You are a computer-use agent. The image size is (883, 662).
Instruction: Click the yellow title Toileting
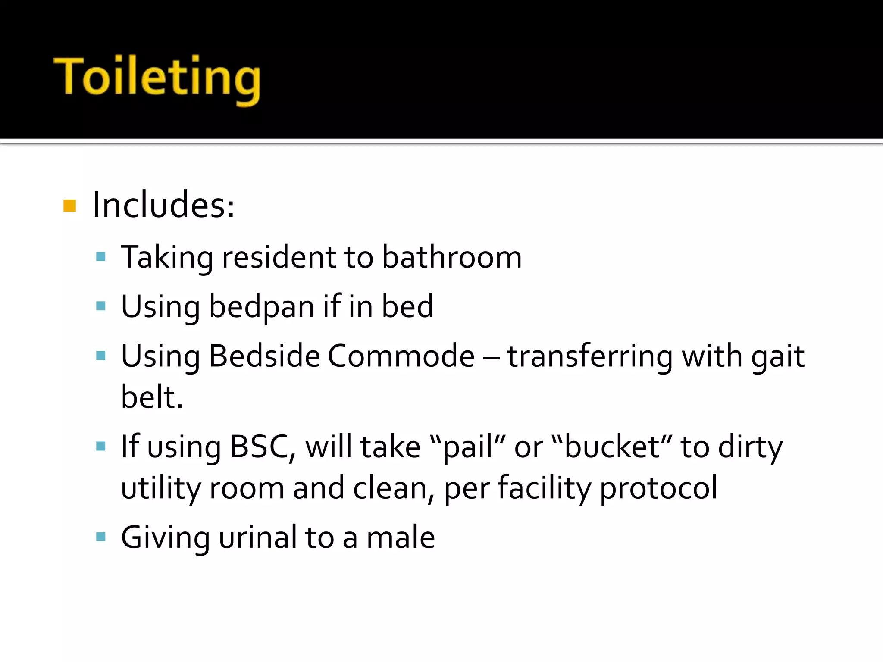[157, 78]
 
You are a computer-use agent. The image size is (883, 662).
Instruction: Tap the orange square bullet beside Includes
[69, 206]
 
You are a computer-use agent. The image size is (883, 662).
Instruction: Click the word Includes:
[163, 205]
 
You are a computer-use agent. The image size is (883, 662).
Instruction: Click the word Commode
[401, 356]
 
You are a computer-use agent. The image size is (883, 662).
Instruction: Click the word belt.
[152, 397]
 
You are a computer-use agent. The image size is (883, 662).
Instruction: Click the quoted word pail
[468, 447]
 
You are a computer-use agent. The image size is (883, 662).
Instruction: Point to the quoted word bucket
[612, 447]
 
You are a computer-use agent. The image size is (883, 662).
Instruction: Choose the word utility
[160, 488]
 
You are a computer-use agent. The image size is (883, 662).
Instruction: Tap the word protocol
[658, 488]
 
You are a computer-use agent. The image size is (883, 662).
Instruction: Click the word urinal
[258, 537]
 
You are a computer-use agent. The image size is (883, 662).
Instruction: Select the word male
[401, 537]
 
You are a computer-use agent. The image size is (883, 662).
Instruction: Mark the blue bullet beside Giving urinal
[101, 537]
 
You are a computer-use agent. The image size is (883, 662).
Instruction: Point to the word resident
[278, 257]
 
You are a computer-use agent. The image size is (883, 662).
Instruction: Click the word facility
[544, 488]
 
